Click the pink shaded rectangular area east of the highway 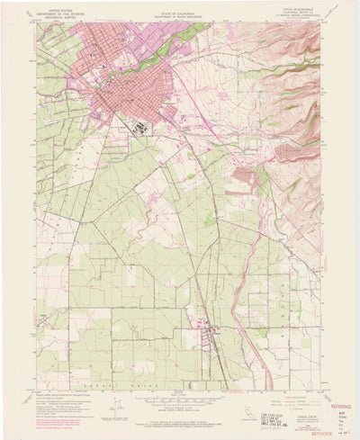tap(243, 173)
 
